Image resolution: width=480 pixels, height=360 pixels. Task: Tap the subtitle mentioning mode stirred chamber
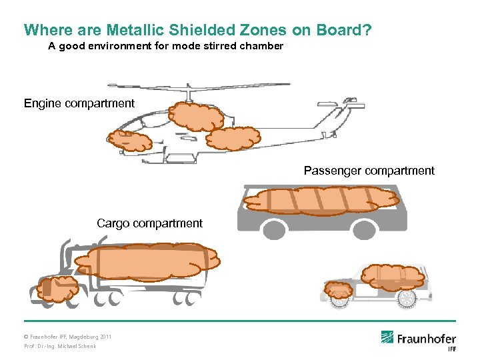point(166,47)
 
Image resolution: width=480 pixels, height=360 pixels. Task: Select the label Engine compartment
point(79,103)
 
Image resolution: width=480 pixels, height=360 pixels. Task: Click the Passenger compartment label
point(369,171)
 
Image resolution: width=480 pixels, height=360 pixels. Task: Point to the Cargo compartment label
point(149,223)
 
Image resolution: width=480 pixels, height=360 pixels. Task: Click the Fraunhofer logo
point(418,339)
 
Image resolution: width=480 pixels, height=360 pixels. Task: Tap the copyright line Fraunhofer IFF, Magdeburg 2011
point(68,337)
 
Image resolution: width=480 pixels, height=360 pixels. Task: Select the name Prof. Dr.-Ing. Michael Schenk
point(60,347)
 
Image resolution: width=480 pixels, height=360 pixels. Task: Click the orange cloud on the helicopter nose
point(130,141)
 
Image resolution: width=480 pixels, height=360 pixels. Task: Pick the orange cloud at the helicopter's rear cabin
point(233,138)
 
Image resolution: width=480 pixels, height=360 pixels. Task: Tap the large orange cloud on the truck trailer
point(147,260)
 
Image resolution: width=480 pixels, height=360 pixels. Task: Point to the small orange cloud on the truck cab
point(57,289)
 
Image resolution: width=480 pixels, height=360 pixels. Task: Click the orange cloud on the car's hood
point(339,291)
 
